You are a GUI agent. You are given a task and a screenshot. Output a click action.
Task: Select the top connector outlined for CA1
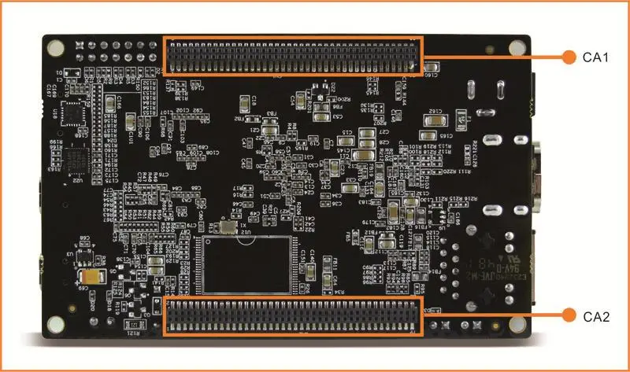coord(293,56)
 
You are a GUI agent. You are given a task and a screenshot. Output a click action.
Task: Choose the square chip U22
coord(80,163)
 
